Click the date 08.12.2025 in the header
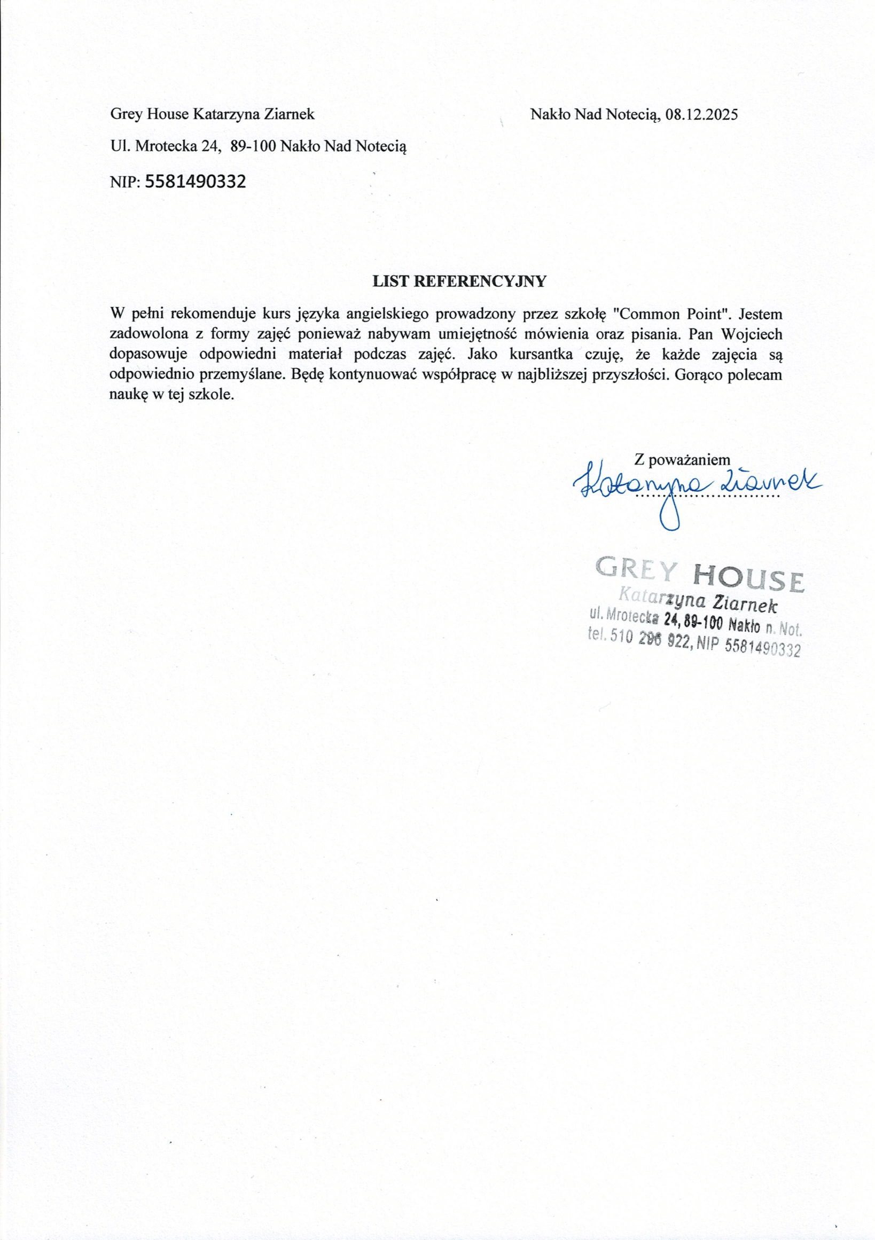click(701, 115)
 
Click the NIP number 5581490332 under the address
click(196, 182)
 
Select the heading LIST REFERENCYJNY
click(459, 281)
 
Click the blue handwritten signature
click(697, 482)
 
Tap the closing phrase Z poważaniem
click(683, 460)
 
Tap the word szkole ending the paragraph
click(215, 395)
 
